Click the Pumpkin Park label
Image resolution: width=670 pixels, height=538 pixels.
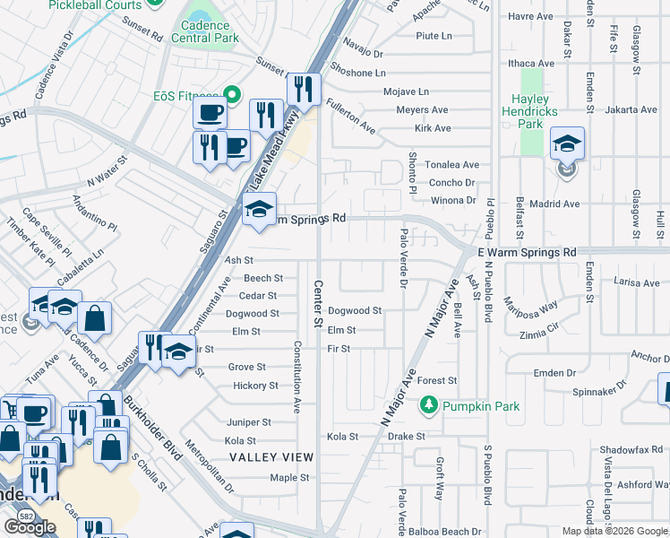[484, 406]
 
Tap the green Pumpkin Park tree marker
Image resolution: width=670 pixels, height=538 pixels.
[430, 406]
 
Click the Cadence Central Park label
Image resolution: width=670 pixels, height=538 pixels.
[211, 32]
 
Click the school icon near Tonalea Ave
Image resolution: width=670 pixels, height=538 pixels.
[567, 143]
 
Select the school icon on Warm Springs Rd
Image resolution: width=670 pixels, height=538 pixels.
[259, 210]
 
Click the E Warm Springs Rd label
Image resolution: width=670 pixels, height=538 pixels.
[528, 253]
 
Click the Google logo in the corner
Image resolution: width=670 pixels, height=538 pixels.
[30, 526]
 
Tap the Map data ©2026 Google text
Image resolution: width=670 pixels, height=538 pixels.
[614, 531]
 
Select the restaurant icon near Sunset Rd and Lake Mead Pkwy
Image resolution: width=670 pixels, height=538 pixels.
[304, 90]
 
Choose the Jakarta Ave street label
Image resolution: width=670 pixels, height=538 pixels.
[631, 110]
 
